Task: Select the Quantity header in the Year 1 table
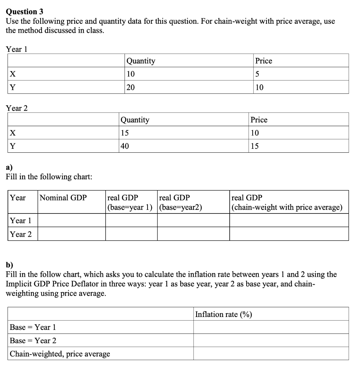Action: pos(141,61)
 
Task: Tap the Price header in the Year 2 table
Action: pos(259,120)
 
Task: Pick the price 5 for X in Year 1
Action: pos(257,74)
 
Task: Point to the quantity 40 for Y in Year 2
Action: pos(125,146)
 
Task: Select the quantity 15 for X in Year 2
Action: pos(125,133)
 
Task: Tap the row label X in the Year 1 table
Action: pos(13,74)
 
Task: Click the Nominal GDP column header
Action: pos(63,198)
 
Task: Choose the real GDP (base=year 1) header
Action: pos(130,202)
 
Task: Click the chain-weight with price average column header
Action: pos(287,202)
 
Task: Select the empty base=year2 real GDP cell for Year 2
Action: pos(193,234)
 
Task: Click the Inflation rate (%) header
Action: pos(223,314)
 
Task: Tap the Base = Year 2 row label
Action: pos(33,340)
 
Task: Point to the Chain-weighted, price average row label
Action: pos(60,354)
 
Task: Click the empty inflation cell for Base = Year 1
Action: pos(271,327)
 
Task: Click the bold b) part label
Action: pos(10,265)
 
